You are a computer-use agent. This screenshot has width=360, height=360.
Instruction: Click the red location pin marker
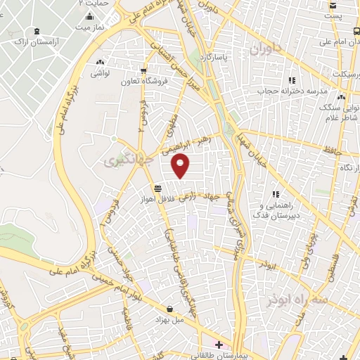click(x=181, y=165)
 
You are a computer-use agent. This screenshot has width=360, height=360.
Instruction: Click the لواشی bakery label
click(x=100, y=72)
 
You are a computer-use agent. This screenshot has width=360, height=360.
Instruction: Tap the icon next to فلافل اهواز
click(x=160, y=188)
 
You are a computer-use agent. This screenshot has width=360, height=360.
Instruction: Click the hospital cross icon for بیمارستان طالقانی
click(x=219, y=345)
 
